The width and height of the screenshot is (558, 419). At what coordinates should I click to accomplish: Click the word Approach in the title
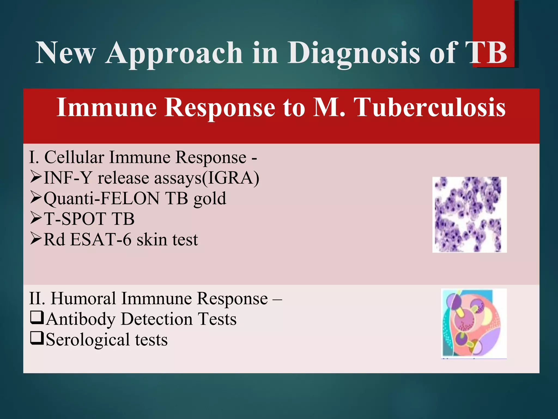point(174,53)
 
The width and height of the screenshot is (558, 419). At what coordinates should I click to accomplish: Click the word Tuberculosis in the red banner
point(430,108)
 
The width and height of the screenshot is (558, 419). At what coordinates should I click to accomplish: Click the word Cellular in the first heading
point(74,157)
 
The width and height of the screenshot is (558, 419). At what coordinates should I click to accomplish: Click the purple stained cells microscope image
point(469,214)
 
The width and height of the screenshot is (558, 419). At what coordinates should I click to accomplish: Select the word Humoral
point(83,298)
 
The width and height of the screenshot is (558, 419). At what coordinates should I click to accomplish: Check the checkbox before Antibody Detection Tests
point(37,318)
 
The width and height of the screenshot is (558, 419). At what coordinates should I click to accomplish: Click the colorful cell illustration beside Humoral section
point(474,323)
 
